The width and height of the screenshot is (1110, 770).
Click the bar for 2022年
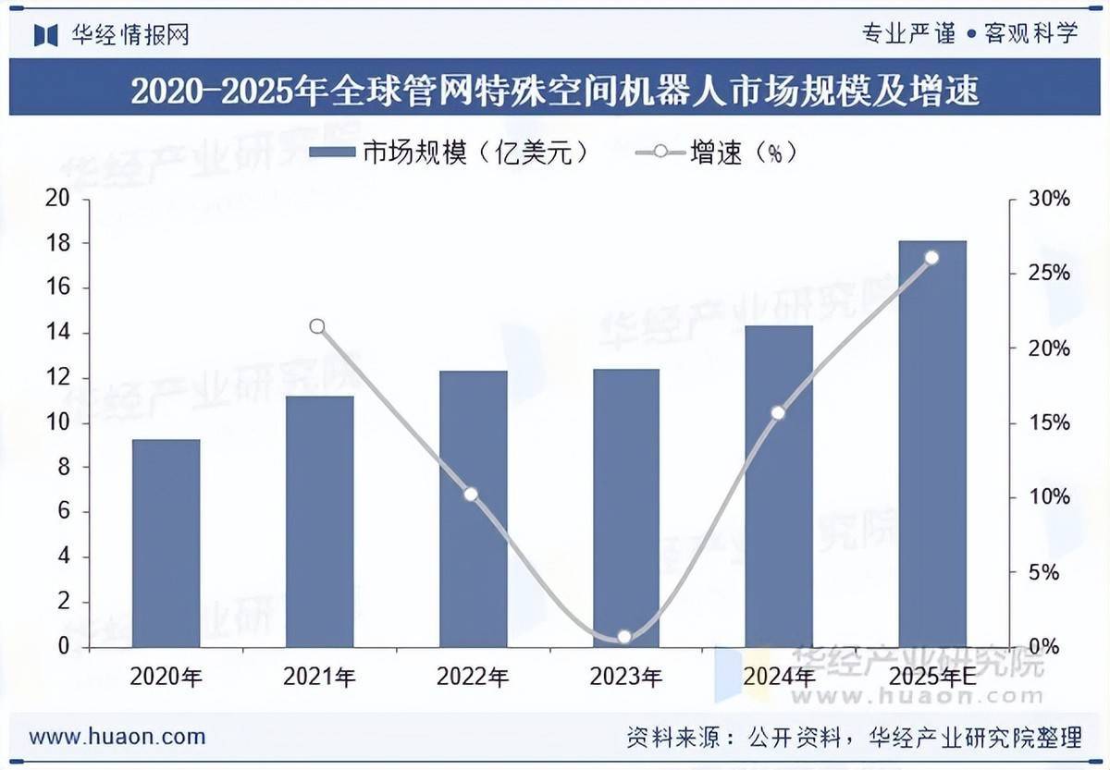click(x=474, y=508)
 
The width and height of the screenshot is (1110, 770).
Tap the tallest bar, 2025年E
click(x=932, y=444)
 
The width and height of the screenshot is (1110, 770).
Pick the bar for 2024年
click(x=779, y=486)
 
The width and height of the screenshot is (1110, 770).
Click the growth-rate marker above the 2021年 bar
click(x=317, y=326)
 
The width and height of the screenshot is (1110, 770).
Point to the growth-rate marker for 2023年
click(x=624, y=636)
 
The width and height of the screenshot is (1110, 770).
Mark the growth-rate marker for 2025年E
click(x=931, y=258)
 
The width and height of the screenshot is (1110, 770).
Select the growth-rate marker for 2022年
click(x=471, y=495)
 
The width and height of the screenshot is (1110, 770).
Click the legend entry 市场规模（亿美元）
click(x=450, y=153)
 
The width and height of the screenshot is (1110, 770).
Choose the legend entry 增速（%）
click(x=718, y=153)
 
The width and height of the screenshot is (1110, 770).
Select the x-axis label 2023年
click(x=625, y=678)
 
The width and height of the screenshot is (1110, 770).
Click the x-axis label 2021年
click(x=319, y=678)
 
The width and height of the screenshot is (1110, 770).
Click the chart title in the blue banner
click(x=555, y=92)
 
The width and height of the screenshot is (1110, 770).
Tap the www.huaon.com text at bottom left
click(x=117, y=737)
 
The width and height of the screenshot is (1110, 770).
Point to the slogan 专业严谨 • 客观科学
click(x=969, y=34)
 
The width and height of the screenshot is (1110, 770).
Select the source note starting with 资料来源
click(x=853, y=737)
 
